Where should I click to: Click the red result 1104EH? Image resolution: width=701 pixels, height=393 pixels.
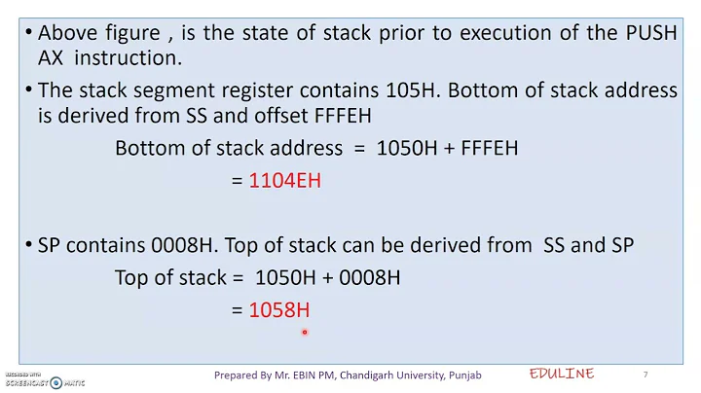pyautogui.click(x=285, y=180)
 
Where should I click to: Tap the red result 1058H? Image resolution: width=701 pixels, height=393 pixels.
pyautogui.click(x=279, y=310)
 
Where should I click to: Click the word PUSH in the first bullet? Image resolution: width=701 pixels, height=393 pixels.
pyautogui.click(x=648, y=32)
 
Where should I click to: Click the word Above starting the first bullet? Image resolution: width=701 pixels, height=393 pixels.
pyautogui.click(x=67, y=32)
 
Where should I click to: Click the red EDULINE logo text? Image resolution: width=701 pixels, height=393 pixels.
pyautogui.click(x=562, y=375)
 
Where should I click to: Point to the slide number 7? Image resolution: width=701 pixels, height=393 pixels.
pyautogui.click(x=646, y=375)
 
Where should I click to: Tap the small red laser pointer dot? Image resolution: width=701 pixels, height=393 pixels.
pyautogui.click(x=305, y=332)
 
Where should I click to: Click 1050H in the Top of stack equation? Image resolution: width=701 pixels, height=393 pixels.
pyautogui.click(x=281, y=277)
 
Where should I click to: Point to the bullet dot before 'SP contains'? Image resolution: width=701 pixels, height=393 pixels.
pyautogui.click(x=28, y=245)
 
